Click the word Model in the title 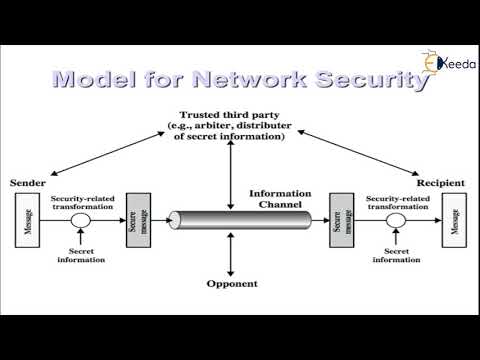click(95, 80)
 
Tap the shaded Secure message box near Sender click(138, 219)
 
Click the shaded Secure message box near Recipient click(341, 219)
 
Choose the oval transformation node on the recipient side click(395, 220)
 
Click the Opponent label click(231, 283)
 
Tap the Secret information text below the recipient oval click(395, 256)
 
